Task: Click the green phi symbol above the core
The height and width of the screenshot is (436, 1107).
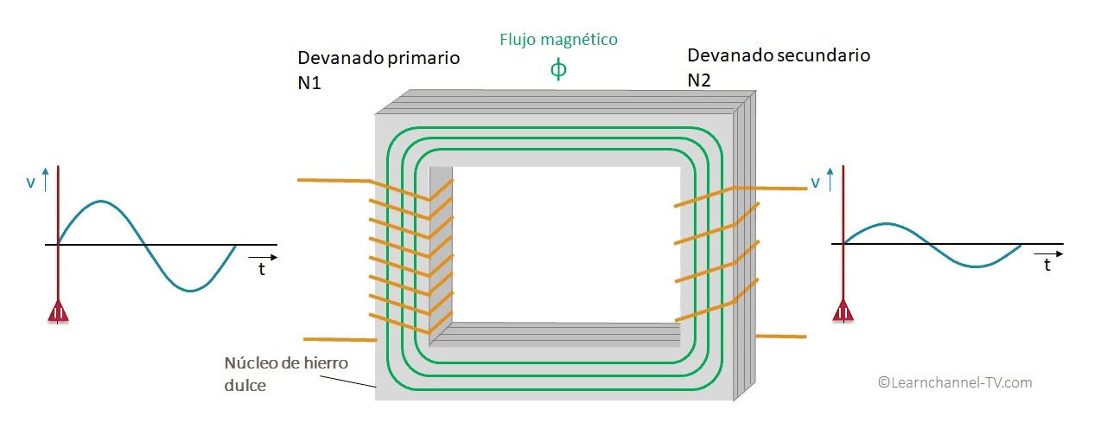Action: point(558,69)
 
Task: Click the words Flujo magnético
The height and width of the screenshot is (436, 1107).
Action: point(558,40)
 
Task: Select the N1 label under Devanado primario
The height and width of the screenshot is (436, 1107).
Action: point(309,81)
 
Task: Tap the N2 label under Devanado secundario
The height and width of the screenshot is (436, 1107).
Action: point(699,80)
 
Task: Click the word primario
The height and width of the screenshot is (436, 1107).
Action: point(422,59)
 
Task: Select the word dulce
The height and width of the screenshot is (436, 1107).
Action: point(245,386)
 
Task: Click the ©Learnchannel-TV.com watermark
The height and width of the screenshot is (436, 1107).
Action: point(955,382)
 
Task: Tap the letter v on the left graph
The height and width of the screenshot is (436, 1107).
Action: point(31,183)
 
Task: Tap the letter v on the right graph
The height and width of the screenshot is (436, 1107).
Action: point(815,182)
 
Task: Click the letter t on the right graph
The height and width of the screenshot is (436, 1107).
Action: point(1047,266)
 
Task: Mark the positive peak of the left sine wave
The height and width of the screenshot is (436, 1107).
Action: point(101,202)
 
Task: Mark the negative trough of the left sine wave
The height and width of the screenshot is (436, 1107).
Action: point(190,291)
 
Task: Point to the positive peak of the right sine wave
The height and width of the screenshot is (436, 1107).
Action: point(886,224)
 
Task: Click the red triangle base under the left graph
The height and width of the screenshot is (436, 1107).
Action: point(58,312)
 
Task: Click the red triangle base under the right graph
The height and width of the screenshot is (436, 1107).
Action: point(843,312)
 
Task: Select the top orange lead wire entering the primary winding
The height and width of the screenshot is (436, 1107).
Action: point(333,180)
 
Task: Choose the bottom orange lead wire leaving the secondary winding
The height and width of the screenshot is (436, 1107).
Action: point(781,336)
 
